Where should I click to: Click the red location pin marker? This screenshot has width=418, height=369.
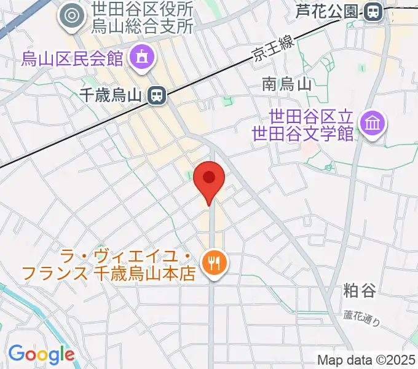(x=209, y=179)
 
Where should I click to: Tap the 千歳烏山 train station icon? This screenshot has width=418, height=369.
(x=157, y=95)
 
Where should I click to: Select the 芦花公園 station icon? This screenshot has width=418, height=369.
(x=372, y=11)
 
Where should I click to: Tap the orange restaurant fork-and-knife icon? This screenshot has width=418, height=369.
(x=215, y=264)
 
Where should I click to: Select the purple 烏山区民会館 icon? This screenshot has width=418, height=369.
(x=142, y=60)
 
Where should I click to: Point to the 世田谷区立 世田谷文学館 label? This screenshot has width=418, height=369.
(x=312, y=124)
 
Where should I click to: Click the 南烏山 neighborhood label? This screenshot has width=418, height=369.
(x=288, y=84)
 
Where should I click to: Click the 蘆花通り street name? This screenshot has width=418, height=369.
(x=362, y=317)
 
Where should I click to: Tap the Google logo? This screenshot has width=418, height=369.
(x=41, y=354)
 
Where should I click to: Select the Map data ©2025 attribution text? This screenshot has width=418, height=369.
(x=365, y=360)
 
